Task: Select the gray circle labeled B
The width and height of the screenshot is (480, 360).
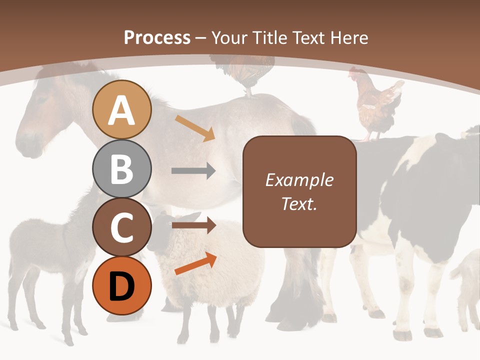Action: [121, 169]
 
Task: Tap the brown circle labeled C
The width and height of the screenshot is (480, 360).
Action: [121, 227]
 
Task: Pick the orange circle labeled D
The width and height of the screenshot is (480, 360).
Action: [121, 285]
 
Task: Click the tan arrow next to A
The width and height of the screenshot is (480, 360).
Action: [195, 127]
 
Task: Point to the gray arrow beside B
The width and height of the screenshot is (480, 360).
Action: [193, 171]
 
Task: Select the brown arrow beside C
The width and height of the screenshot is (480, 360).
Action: [193, 225]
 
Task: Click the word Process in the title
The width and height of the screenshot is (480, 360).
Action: [157, 37]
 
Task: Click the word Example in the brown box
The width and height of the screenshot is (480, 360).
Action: [299, 180]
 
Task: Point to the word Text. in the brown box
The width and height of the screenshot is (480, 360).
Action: [299, 203]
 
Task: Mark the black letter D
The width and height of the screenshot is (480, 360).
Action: [121, 286]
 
